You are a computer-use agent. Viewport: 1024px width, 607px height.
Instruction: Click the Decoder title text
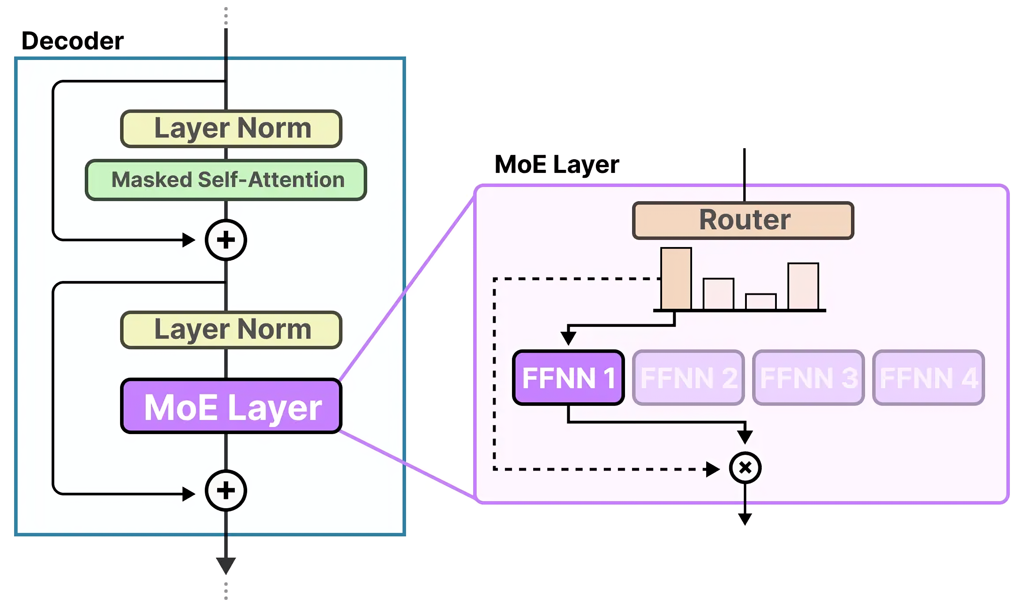pos(72,41)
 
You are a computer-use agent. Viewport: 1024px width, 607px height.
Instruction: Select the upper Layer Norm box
pos(231,128)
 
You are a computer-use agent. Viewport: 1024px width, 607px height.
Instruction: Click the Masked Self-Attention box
pos(226,180)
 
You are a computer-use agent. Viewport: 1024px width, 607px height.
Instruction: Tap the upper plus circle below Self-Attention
pos(226,240)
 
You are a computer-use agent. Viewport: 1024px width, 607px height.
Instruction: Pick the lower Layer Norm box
pos(231,330)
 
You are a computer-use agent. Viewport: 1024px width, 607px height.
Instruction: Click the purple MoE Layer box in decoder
pos(231,406)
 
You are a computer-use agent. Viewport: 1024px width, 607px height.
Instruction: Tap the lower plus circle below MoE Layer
pos(226,491)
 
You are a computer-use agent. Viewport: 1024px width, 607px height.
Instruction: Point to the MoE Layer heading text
pos(557,165)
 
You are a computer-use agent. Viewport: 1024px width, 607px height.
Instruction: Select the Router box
pos(743,220)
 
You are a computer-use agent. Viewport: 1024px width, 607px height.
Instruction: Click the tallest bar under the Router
pos(676,279)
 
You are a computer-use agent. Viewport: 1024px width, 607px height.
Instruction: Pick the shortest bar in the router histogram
pos(760,302)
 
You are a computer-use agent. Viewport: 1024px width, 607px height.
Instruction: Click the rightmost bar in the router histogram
pos(803,286)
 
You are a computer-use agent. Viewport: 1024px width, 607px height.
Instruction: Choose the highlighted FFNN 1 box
pos(568,378)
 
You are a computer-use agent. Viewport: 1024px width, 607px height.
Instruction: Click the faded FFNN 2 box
pos(688,378)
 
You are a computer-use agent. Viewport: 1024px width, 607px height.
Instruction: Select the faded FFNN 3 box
pos(808,378)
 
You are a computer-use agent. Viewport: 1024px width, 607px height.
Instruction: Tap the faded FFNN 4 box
pos(928,378)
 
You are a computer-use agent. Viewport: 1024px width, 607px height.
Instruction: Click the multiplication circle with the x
pos(745,468)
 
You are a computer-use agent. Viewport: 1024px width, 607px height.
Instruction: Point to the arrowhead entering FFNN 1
pos(568,338)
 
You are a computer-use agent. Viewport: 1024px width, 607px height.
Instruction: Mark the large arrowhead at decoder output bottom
pos(226,565)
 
